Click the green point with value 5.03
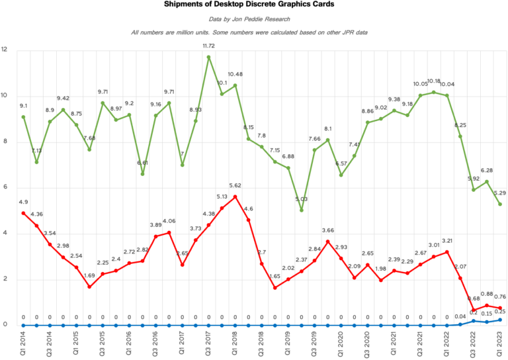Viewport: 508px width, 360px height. coord(302,210)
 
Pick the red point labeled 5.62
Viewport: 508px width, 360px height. coord(235,197)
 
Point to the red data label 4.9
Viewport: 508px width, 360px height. coord(24,202)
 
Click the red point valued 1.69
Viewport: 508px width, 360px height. coord(89,287)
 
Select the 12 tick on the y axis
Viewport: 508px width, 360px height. coord(5,50)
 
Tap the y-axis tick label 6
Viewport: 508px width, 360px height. coord(5,187)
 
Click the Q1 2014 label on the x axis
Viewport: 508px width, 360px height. coord(23,341)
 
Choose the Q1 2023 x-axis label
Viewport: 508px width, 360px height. coord(500,341)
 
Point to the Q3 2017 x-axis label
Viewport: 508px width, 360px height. coord(209,341)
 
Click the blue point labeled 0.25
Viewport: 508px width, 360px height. coord(500,320)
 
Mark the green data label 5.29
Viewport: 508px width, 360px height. coord(501,193)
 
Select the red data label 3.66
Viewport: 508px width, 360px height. coord(329,230)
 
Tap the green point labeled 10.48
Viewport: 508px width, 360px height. coord(235,85)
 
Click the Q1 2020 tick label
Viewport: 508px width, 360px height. coord(341,341)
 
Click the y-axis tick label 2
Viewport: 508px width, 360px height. coord(5,279)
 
